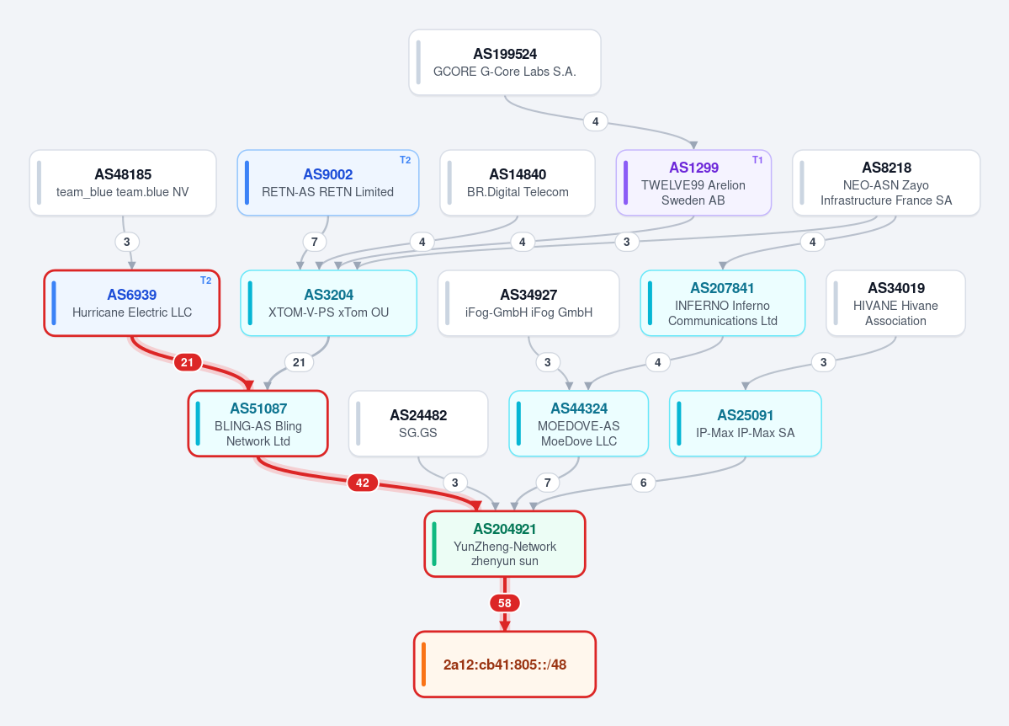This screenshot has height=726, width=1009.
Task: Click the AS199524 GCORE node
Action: (x=505, y=62)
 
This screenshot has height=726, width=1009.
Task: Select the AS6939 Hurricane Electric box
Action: (x=132, y=302)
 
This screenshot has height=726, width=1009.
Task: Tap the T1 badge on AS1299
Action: (x=757, y=160)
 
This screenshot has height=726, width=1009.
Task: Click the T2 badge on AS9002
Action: (x=405, y=160)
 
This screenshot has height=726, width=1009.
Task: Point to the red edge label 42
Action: (x=363, y=483)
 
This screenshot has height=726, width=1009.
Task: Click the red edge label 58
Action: (x=505, y=603)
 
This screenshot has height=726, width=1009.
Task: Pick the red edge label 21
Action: (x=187, y=362)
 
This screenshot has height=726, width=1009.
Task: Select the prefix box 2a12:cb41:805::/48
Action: (x=505, y=665)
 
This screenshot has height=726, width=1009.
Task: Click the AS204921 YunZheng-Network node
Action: (x=505, y=544)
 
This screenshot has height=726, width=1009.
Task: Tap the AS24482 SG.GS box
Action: (x=418, y=424)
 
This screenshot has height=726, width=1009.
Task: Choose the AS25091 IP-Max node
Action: (x=745, y=424)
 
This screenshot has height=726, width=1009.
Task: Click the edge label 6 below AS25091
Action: (x=643, y=483)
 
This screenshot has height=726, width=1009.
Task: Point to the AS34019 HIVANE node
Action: (x=895, y=302)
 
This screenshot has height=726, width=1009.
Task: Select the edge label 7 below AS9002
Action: (x=314, y=242)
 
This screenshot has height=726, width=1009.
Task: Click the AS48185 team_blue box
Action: (x=123, y=183)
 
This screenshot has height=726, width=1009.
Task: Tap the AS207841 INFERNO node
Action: (x=723, y=302)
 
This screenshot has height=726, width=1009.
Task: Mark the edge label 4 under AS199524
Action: (x=595, y=121)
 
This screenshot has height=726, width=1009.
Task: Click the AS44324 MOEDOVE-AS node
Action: (x=578, y=424)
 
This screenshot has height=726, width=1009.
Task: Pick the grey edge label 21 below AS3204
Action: (x=299, y=362)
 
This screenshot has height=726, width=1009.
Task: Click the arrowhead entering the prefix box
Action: (x=505, y=626)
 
